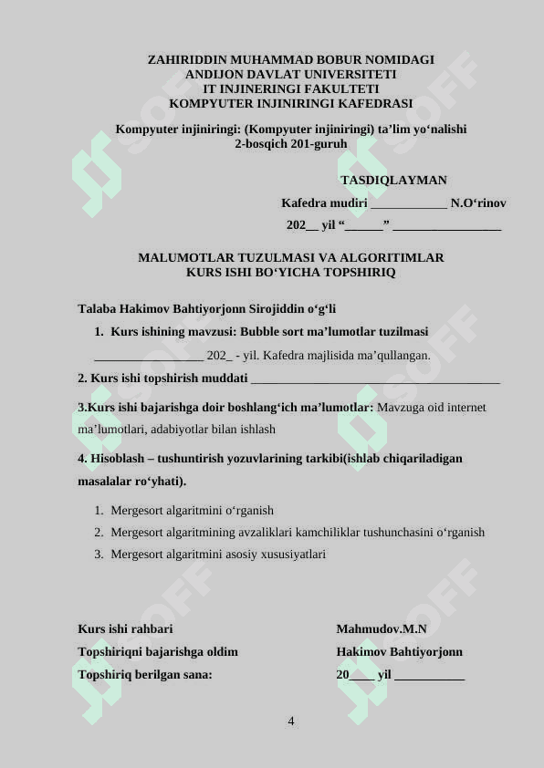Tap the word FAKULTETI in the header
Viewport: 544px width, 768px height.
(x=339, y=89)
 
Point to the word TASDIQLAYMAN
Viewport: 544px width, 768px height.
(x=393, y=181)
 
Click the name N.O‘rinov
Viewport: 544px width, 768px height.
(x=478, y=203)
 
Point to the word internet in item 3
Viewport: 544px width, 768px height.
(x=466, y=408)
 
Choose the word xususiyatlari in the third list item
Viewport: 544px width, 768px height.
(x=293, y=555)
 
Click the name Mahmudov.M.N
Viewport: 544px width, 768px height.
(x=381, y=629)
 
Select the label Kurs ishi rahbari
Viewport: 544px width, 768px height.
(x=125, y=629)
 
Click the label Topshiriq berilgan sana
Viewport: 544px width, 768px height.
(x=145, y=675)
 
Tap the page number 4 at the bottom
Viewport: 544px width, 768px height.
(x=290, y=722)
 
